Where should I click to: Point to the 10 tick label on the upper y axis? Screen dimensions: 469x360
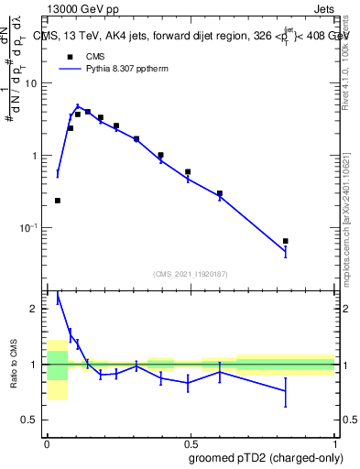pyautogui.click(x=32, y=83)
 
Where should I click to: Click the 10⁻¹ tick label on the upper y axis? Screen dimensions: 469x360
pyautogui.click(x=30, y=228)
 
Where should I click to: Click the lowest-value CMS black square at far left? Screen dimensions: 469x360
pyautogui.click(x=58, y=201)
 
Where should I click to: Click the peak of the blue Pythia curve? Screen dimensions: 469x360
pyautogui.click(x=78, y=107)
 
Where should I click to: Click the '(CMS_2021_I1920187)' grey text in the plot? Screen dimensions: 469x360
pyautogui.click(x=190, y=274)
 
